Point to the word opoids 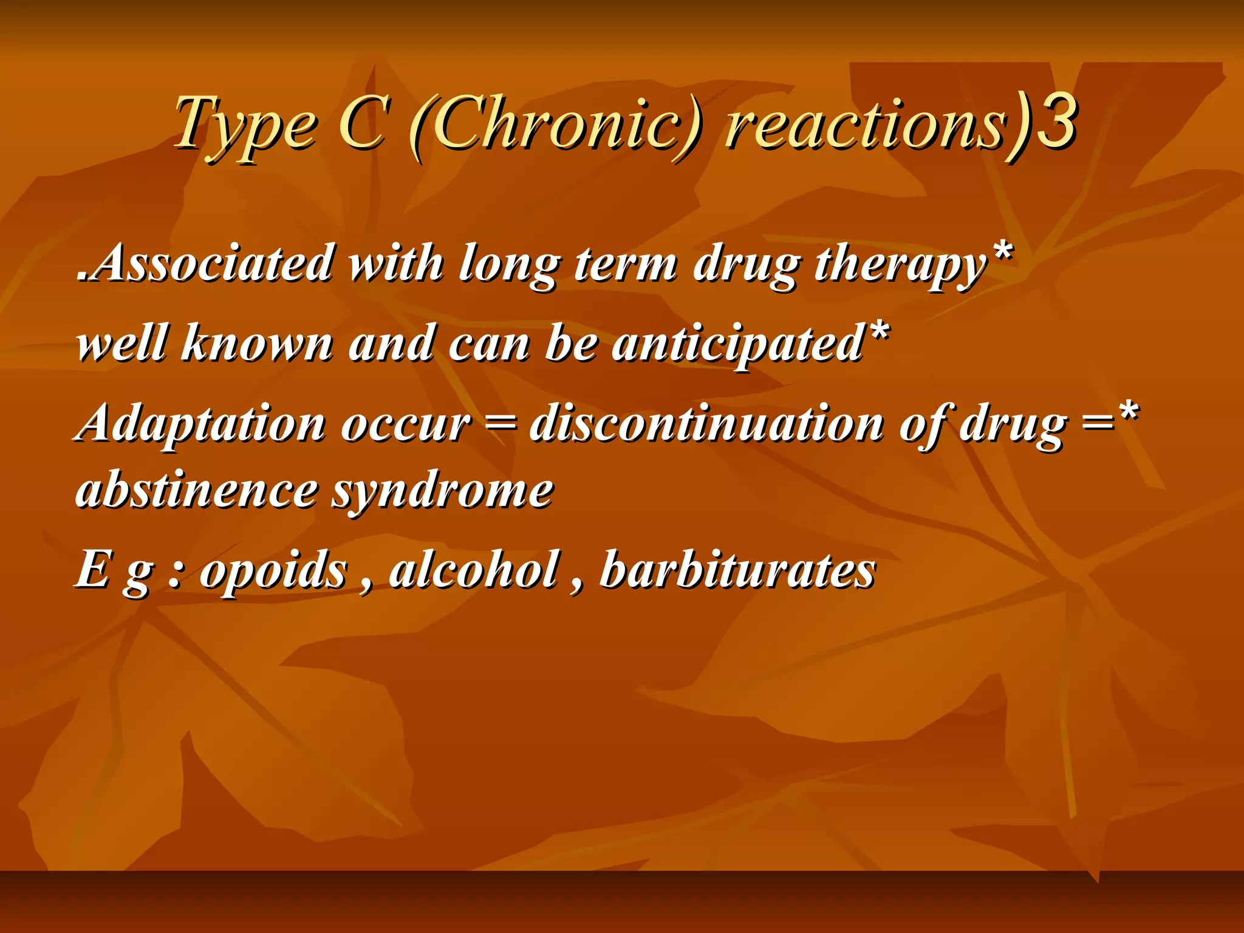click(273, 571)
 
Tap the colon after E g click(174, 574)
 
